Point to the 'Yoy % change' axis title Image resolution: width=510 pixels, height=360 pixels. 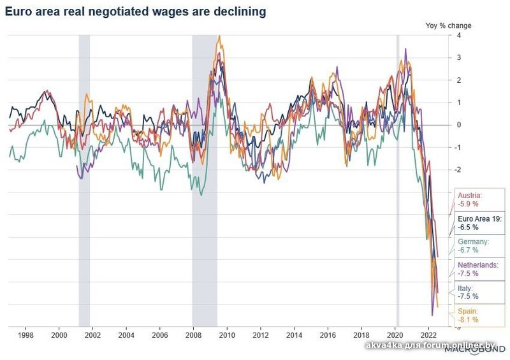tap(448, 25)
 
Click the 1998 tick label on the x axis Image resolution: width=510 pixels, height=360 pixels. tap(25, 333)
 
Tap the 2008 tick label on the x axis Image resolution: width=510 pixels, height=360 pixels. tap(193, 333)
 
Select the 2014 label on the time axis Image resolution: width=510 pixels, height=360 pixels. tap(294, 333)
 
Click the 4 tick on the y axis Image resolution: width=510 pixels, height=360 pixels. tap(450, 36)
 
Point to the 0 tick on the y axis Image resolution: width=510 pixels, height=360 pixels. tap(450, 125)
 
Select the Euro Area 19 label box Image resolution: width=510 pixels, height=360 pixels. tap(480, 222)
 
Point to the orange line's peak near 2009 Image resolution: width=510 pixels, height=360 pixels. tap(219, 36)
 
